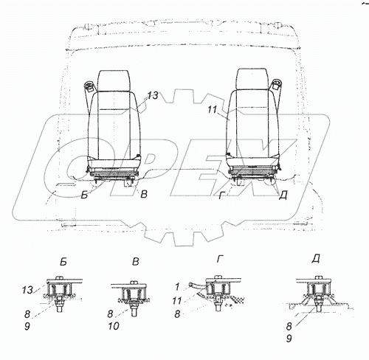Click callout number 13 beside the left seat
[x=153, y=96]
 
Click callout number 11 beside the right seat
[x=212, y=109]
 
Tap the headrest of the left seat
[x=113, y=81]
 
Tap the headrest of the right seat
[x=252, y=79]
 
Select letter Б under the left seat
[x=84, y=195]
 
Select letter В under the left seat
[x=144, y=194]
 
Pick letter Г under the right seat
[x=221, y=195]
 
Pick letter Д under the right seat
[x=283, y=195]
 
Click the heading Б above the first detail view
[x=63, y=263]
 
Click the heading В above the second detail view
[x=136, y=262]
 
